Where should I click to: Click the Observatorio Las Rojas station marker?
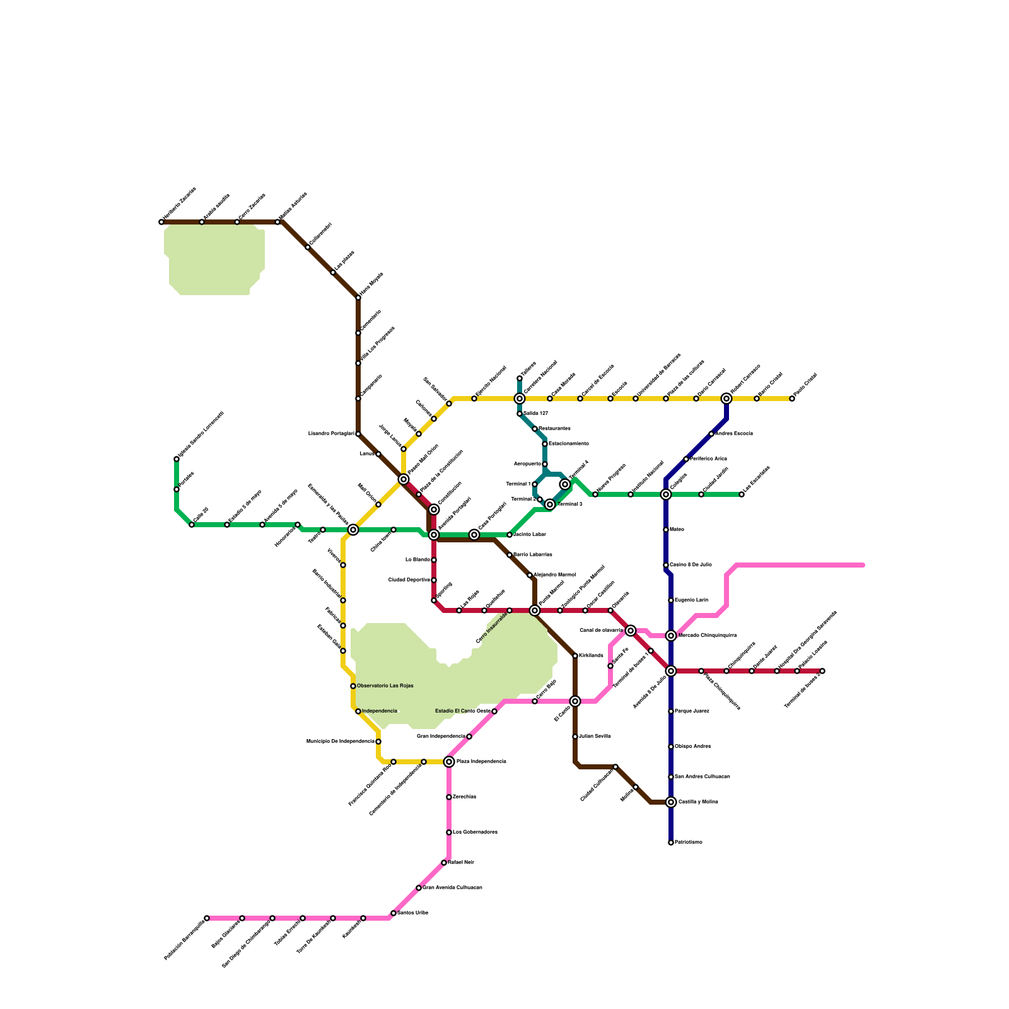pos(353,686)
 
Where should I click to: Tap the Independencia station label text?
pos(380,711)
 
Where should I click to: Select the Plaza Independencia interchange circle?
pos(449,762)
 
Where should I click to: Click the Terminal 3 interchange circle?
pos(550,504)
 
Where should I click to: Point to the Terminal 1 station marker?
pos(535,484)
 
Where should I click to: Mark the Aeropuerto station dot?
pos(545,464)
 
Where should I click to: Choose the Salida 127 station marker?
pos(520,414)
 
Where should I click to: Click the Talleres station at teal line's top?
pos(520,378)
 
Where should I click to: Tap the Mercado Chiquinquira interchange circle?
pos(671,636)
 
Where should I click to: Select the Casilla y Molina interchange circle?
pos(671,802)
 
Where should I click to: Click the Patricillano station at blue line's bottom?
pos(671,843)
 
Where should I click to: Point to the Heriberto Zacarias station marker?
pos(161,222)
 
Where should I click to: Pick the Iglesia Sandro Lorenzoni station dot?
pos(177,459)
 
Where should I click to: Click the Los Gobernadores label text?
pos(475,832)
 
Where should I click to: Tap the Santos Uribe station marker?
pos(394,913)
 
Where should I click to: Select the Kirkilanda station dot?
pos(575,656)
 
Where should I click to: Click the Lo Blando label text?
pos(417,560)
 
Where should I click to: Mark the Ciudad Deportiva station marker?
pos(434,580)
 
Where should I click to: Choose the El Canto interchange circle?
pos(575,701)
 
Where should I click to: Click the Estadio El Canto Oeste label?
pos(463,711)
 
